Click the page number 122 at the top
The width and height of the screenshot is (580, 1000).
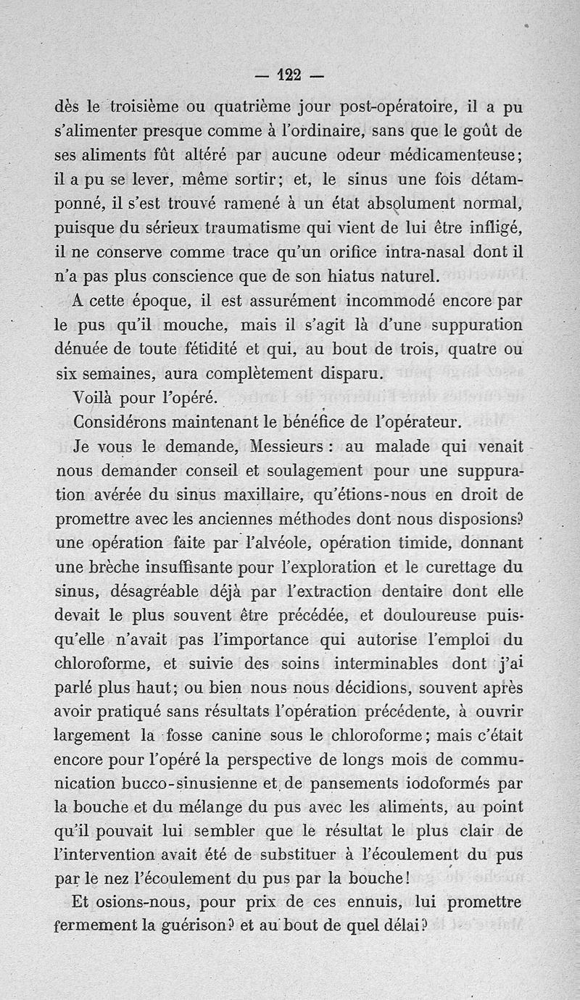click(x=290, y=74)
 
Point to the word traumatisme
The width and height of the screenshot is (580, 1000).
click(x=233, y=228)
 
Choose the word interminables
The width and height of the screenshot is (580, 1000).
click(x=388, y=664)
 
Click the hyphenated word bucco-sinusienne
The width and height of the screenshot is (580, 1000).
click(x=177, y=784)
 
